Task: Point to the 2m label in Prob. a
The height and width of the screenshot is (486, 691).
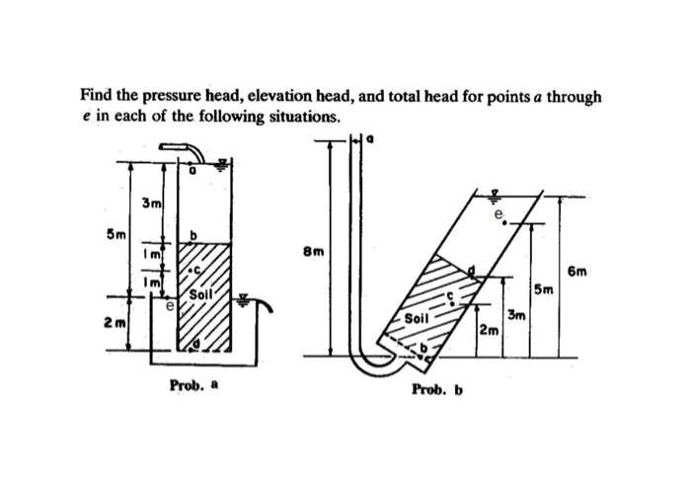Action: coord(115,322)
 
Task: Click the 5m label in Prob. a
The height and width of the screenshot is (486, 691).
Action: coord(115,235)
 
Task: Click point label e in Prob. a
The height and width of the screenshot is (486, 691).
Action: coord(169,307)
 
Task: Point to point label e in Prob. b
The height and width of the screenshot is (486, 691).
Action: coord(500,213)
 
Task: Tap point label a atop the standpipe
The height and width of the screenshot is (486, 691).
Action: coord(372,141)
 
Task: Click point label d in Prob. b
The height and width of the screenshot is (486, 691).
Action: coord(472,266)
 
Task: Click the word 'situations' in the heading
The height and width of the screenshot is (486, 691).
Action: coord(300,116)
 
